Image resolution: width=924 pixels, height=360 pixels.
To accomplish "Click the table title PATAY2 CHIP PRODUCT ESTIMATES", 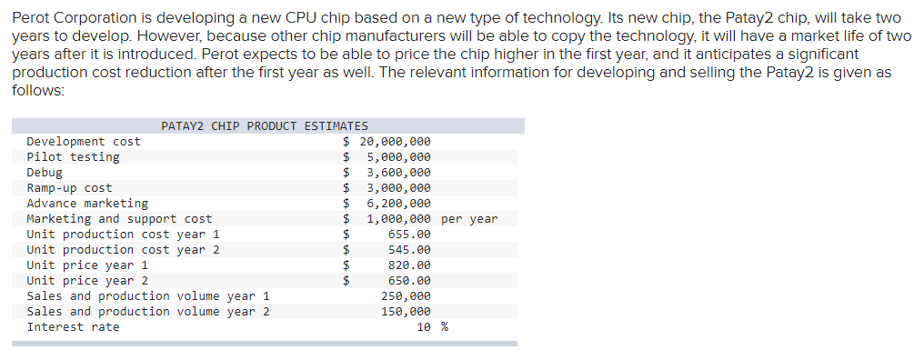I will coord(265,126).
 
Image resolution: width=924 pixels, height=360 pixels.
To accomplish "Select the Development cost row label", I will coord(84,142).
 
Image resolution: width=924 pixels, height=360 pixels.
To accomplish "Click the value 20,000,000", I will coord(396,142).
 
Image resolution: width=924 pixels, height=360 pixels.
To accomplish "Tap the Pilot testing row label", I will coord(73,157).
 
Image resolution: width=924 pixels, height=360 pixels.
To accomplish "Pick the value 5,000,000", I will coord(398,157).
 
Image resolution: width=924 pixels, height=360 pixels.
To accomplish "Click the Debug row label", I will coord(45,173).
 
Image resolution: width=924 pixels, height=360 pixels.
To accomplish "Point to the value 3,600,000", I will coord(398,173).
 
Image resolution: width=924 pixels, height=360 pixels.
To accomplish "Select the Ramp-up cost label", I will coord(69,188).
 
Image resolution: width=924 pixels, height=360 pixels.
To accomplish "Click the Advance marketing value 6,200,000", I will coord(398,204).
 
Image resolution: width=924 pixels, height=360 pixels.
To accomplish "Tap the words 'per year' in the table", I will coord(469,219).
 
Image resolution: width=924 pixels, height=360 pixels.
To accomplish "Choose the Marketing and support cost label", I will coord(119,219).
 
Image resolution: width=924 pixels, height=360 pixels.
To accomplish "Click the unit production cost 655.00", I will coord(409,235).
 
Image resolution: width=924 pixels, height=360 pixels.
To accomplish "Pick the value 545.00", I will coord(409,250).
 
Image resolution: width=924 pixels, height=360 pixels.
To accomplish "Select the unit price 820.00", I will coord(409,265).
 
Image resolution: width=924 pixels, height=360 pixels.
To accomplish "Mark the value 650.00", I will coord(409,281).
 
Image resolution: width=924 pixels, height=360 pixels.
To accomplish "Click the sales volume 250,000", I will coord(406,296).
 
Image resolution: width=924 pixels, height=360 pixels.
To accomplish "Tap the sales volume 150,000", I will coord(406,312).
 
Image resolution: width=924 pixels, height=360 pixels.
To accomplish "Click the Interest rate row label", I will coord(73,327).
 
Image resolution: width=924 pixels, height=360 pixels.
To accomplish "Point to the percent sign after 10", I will coord(445,327).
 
